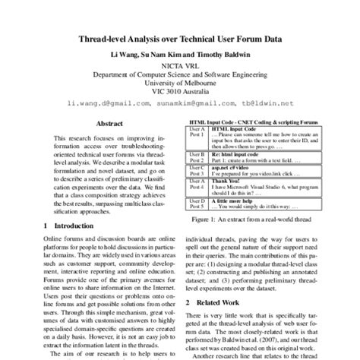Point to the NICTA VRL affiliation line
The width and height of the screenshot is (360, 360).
179,66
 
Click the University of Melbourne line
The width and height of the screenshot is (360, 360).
179,85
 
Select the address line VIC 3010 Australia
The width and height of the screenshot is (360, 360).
179,94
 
